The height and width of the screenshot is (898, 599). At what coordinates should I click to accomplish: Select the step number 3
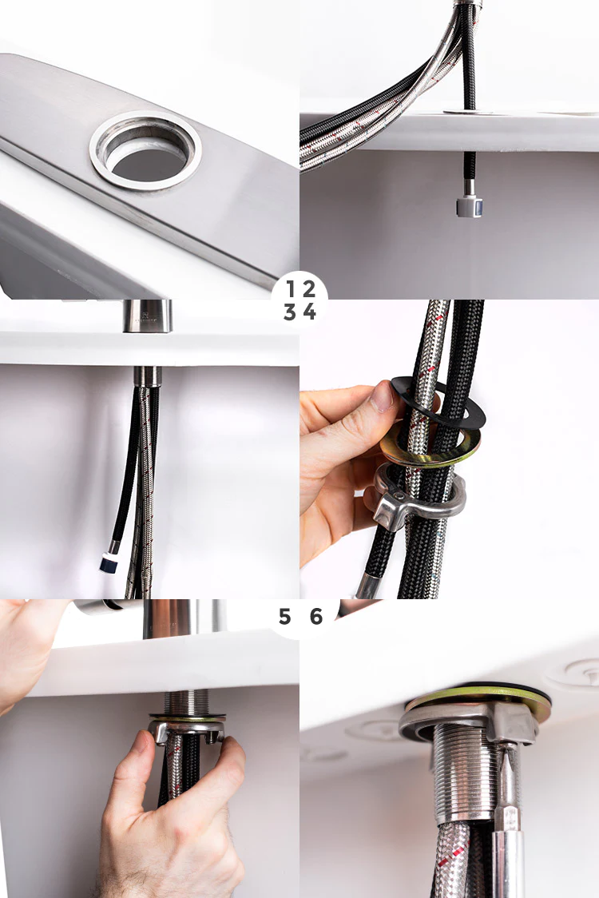click(290, 312)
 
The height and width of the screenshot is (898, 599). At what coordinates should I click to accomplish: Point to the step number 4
click(310, 312)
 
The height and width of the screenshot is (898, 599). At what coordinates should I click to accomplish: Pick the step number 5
click(285, 617)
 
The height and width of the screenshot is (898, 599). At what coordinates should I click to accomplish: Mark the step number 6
click(316, 617)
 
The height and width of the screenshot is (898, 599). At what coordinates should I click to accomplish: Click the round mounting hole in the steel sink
click(145, 151)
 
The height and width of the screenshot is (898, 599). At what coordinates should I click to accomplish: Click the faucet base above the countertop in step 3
click(147, 316)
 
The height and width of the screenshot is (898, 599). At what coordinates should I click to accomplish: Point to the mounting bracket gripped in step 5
click(185, 729)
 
